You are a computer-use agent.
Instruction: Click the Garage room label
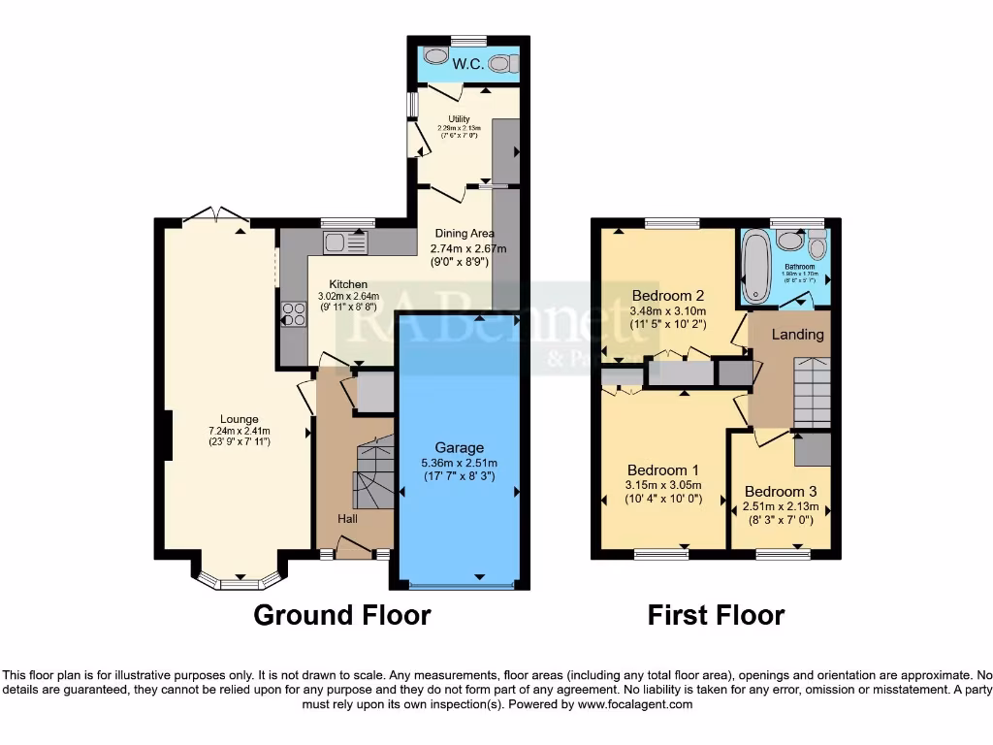[x=459, y=447]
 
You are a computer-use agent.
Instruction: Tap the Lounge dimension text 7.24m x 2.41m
[x=239, y=431]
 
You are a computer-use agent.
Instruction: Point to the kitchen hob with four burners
[x=293, y=314]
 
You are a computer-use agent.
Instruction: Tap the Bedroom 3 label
[x=781, y=491]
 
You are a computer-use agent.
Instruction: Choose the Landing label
[x=797, y=334]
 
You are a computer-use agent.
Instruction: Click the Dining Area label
[x=464, y=233]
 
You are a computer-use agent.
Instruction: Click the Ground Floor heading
[x=341, y=614]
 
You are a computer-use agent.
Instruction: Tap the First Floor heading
[x=716, y=614]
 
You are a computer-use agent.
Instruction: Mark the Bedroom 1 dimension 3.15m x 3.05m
[x=663, y=486]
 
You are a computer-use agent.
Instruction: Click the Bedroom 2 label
[x=667, y=295]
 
